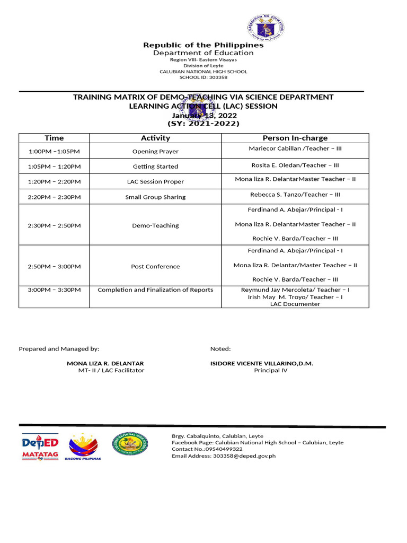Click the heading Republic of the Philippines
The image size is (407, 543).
click(203, 45)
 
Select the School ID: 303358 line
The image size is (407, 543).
click(203, 77)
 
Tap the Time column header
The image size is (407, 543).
click(54, 138)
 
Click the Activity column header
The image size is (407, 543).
click(155, 138)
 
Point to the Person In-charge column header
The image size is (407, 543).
click(295, 138)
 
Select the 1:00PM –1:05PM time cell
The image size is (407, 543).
click(54, 152)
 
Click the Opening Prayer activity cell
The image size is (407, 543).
click(155, 152)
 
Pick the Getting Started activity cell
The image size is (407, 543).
click(155, 167)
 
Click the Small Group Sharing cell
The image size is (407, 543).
click(155, 197)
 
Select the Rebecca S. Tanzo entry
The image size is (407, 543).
click(295, 195)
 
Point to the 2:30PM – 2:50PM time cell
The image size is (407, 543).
click(54, 225)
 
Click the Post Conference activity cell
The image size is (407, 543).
click(155, 267)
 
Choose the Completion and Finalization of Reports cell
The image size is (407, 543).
click(155, 290)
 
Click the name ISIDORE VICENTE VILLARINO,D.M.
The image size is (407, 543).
click(262, 363)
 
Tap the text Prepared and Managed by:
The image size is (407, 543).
click(59, 349)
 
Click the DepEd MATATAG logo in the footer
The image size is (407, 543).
click(40, 447)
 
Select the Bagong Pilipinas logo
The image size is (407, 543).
click(83, 447)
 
